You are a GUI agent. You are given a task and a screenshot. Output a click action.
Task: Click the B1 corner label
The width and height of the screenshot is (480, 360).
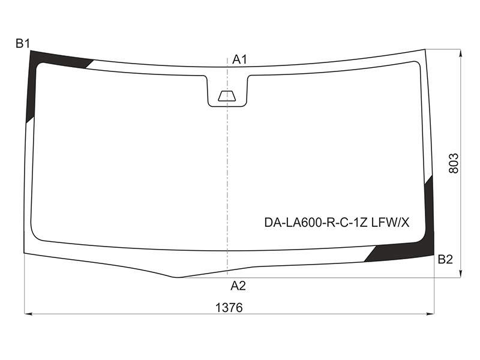tap(23, 43)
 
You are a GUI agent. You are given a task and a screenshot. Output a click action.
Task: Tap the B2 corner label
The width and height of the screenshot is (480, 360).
tap(445, 260)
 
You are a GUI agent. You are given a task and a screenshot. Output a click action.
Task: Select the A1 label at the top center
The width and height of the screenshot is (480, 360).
tap(239, 59)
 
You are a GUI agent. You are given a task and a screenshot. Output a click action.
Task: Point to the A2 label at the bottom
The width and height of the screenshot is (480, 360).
tap(238, 286)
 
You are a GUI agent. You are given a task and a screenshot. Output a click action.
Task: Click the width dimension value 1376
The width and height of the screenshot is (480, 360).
tap(229, 308)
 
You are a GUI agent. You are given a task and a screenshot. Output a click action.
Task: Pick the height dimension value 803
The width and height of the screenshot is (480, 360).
tap(454, 163)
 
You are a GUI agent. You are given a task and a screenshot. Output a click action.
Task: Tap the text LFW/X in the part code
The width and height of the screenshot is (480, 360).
tap(391, 223)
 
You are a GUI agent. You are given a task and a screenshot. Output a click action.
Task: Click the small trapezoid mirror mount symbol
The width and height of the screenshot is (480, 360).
tap(227, 96)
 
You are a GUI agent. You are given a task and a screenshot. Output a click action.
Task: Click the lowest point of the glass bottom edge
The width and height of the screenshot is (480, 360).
tap(177, 277)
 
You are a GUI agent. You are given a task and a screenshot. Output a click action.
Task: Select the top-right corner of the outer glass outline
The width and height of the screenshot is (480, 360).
tap(425, 49)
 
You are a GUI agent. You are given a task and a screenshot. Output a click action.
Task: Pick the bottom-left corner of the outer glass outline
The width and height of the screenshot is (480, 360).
tap(25, 253)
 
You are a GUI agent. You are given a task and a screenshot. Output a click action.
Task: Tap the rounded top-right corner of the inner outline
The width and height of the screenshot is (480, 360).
tap(418, 63)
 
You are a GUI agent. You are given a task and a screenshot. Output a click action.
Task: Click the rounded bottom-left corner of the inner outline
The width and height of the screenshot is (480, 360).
tap(34, 236)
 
